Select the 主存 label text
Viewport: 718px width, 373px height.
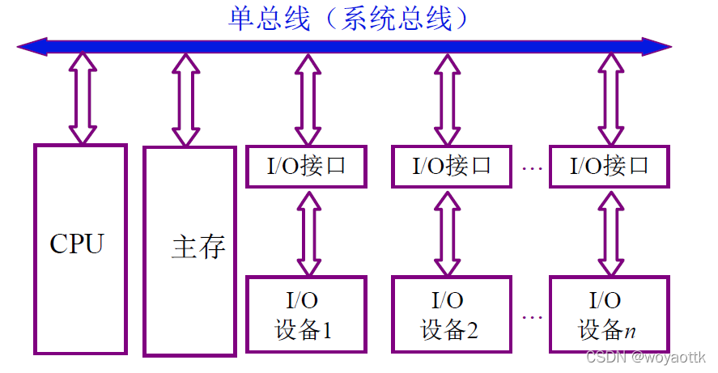tap(198, 247)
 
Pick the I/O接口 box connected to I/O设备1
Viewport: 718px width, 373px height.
tap(306, 167)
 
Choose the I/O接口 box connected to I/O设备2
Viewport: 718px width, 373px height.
tap(452, 167)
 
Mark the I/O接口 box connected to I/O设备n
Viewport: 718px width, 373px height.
tap(609, 167)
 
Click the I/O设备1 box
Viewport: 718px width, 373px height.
tap(306, 314)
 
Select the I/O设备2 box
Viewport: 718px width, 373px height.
tap(452, 314)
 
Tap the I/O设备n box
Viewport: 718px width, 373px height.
tap(609, 314)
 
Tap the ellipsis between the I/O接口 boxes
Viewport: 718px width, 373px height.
tap(531, 168)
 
